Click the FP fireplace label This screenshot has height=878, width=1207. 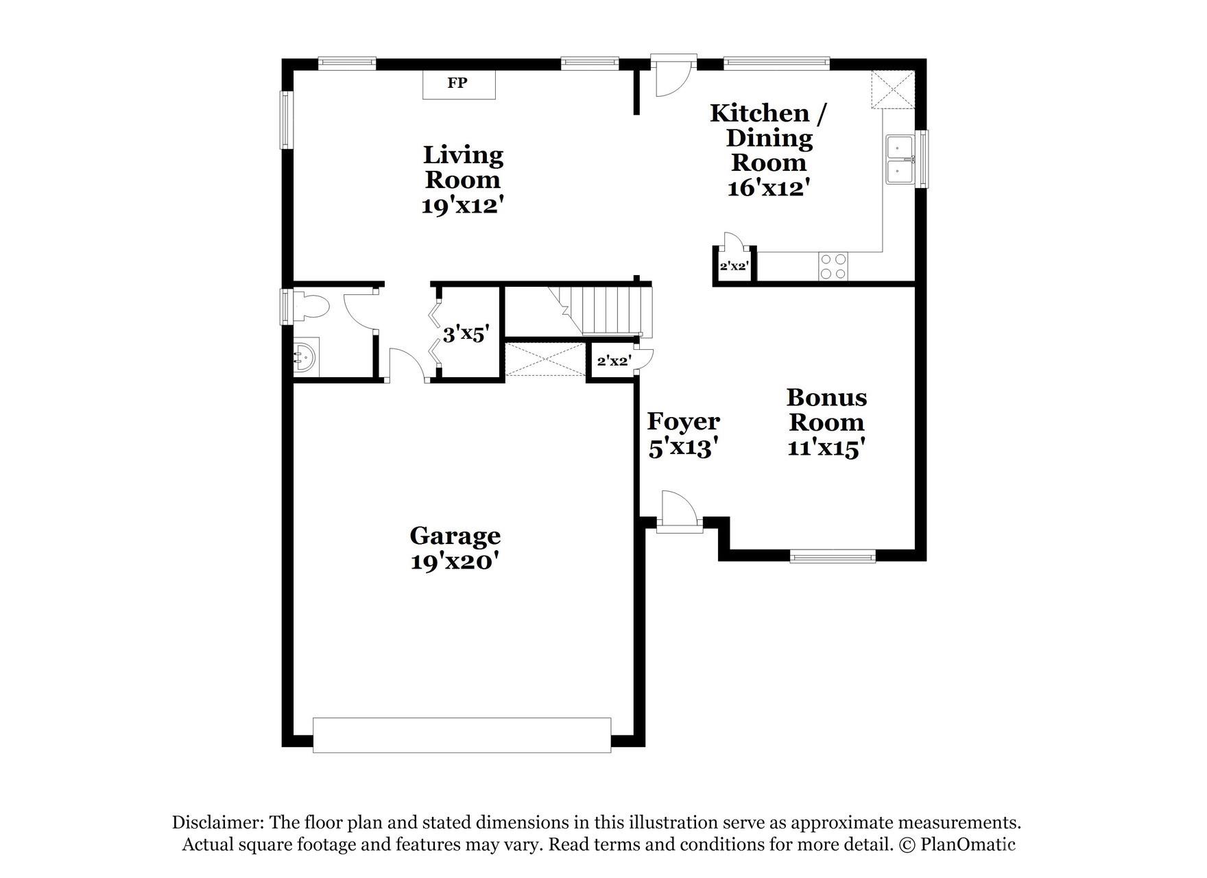pos(457,84)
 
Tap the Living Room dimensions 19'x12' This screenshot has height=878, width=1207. pos(463,205)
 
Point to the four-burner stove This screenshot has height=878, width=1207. pos(833,266)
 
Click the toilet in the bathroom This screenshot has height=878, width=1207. pos(310,306)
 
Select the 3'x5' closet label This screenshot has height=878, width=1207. pos(466,335)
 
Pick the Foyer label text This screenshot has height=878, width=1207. pos(683,421)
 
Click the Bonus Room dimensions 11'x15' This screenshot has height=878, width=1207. pos(826,448)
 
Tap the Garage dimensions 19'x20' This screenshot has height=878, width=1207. pos(455,561)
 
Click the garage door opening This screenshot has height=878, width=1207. pos(462,735)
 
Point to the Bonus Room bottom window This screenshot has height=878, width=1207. pos(833,556)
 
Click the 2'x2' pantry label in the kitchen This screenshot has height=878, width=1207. pos(733,265)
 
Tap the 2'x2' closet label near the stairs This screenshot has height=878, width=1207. pos(613,361)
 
